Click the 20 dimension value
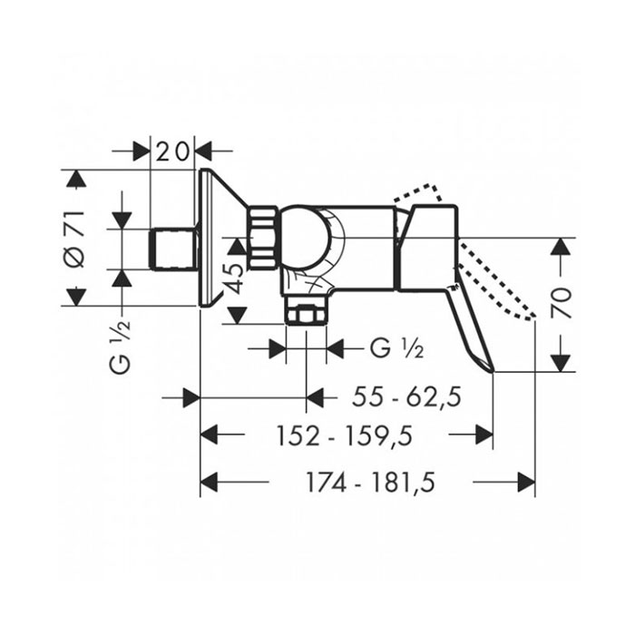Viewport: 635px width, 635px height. pyautogui.click(x=172, y=151)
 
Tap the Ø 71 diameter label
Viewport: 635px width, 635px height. pyautogui.click(x=75, y=239)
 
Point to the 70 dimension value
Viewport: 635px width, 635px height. pyautogui.click(x=562, y=303)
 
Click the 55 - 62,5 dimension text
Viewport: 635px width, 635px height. pyautogui.click(x=407, y=397)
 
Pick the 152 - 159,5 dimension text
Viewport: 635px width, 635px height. pyautogui.click(x=344, y=436)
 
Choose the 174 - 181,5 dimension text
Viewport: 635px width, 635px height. pyautogui.click(x=370, y=483)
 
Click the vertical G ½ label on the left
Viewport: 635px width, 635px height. pyautogui.click(x=121, y=347)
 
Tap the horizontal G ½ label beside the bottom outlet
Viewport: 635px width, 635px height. pyautogui.click(x=397, y=348)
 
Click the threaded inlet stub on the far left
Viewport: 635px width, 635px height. pyautogui.click(x=173, y=249)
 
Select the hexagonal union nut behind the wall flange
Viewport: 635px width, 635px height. pyautogui.click(x=262, y=238)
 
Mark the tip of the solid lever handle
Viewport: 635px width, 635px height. pyautogui.click(x=493, y=371)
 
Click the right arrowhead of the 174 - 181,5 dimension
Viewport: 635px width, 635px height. pyautogui.click(x=527, y=482)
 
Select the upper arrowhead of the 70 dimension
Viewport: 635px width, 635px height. pyautogui.click(x=561, y=246)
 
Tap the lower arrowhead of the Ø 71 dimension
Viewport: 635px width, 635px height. pyautogui.click(x=75, y=298)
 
